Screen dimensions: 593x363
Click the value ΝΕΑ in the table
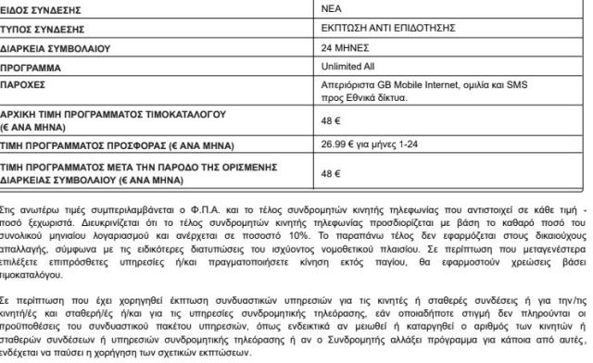(x=329, y=8)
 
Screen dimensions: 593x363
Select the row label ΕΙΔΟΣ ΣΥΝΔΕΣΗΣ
(x=43, y=8)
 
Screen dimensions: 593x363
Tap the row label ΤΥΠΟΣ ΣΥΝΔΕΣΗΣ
(x=43, y=28)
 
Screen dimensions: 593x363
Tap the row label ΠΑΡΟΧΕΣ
(x=28, y=88)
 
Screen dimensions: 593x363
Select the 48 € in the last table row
(x=328, y=172)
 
